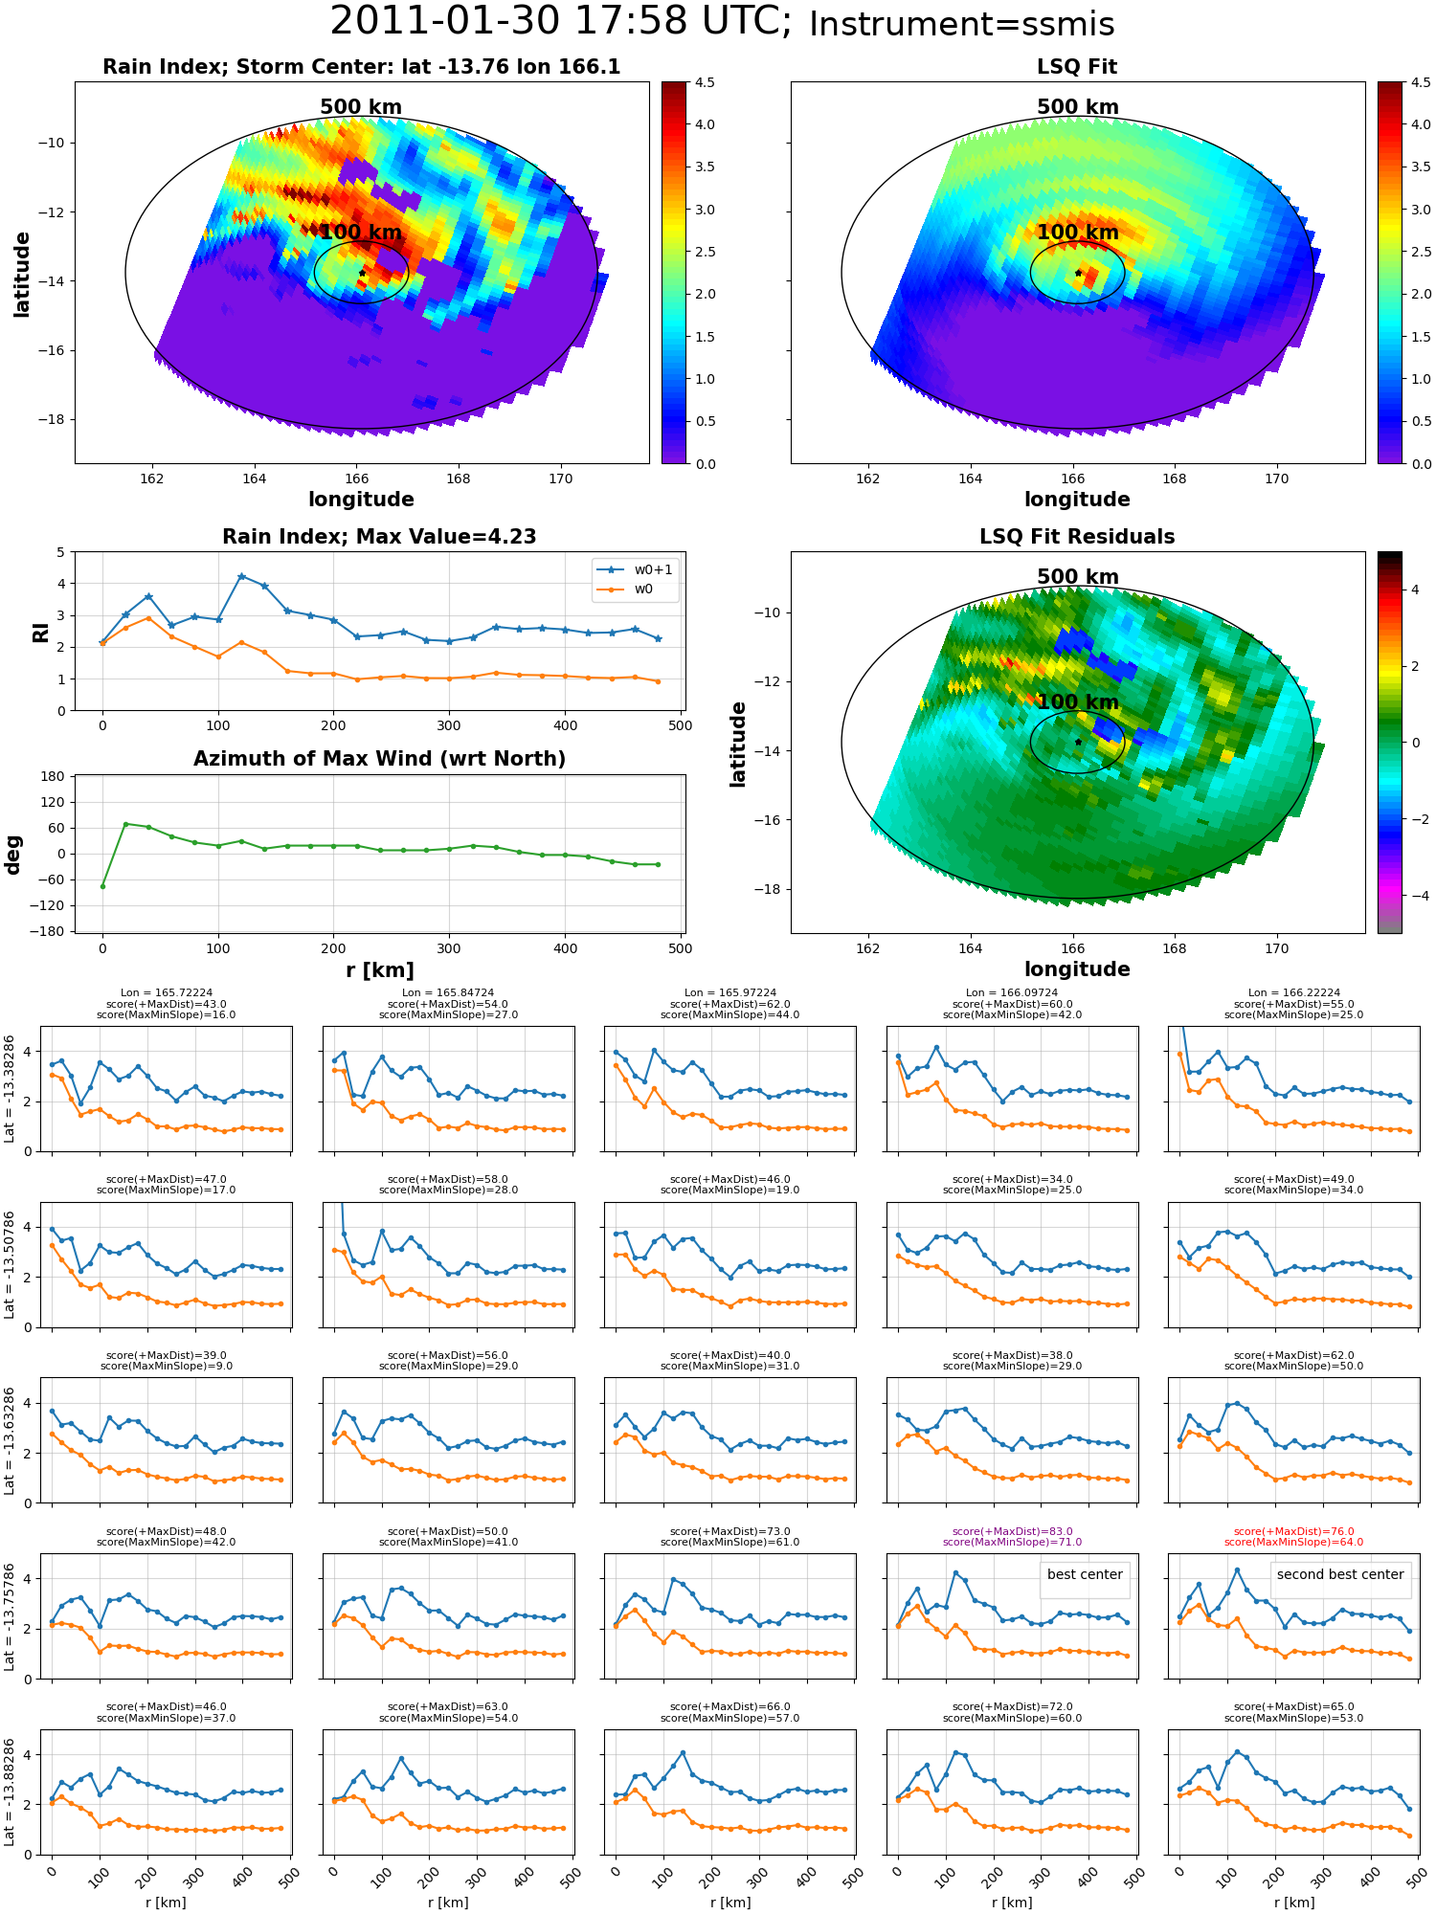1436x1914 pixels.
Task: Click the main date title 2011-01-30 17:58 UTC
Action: (561, 21)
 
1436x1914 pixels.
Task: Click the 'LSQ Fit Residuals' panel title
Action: (1077, 537)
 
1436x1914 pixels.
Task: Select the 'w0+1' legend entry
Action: (636, 569)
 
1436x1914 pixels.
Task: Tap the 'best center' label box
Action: (1085, 1574)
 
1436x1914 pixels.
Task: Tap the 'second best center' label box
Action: (1340, 1574)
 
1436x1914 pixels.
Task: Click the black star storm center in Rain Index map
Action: (362, 273)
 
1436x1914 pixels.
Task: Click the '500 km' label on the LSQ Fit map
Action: (1078, 107)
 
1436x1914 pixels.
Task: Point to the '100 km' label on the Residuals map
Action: (1078, 701)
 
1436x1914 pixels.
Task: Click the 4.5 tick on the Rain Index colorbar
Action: (705, 82)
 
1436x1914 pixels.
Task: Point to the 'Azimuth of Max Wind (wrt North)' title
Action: (380, 759)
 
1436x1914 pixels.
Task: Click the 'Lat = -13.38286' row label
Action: (10, 1089)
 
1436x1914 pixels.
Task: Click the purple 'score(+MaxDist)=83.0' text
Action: (1012, 1531)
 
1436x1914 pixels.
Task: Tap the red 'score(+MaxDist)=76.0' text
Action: (1294, 1531)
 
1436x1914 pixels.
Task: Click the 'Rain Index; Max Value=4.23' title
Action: (379, 537)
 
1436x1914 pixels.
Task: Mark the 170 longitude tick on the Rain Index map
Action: (561, 478)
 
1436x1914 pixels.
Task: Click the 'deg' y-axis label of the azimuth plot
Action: (13, 855)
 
